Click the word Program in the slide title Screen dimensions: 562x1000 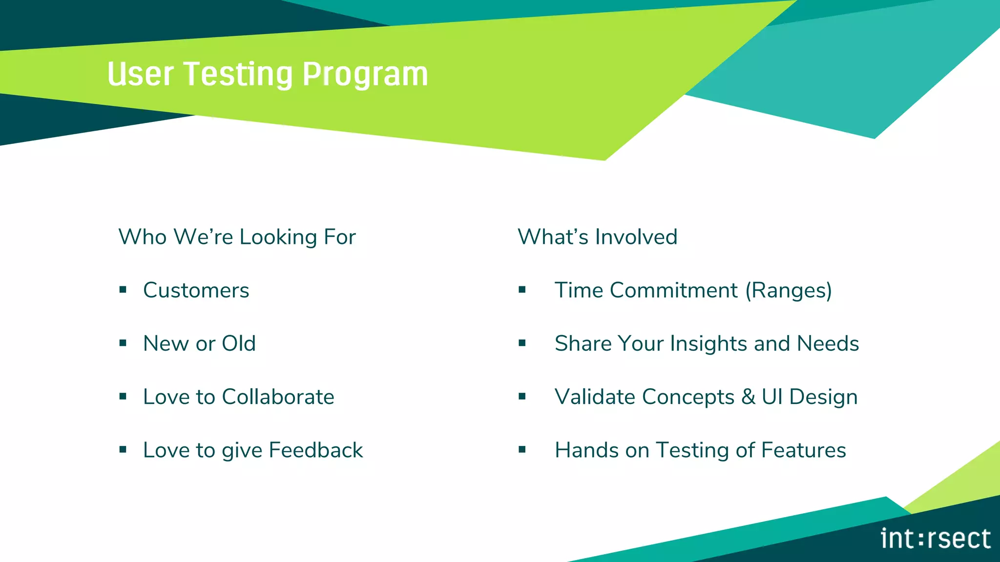pos(365,75)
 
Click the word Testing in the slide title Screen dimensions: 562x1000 pos(239,75)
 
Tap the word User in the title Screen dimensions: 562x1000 pos(140,75)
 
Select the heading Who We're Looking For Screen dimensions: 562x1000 pos(237,237)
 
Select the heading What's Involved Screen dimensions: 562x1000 pos(597,237)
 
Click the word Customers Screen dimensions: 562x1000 pos(196,290)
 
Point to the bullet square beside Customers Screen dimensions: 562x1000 pos(123,290)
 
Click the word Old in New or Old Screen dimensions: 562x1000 pos(238,343)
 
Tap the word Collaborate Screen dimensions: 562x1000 pos(278,397)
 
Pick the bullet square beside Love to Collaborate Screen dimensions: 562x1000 pos(123,397)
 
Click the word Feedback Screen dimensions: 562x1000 pos(315,450)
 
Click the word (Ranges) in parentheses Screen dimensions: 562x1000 pos(788,290)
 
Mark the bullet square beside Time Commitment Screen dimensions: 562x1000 pos(522,290)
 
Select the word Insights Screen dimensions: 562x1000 pos(708,343)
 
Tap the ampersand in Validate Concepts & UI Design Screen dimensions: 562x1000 pos(748,397)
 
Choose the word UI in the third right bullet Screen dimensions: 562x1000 pos(772,397)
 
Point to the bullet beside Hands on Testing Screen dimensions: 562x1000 pos(522,450)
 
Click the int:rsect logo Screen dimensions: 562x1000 pos(935,539)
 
